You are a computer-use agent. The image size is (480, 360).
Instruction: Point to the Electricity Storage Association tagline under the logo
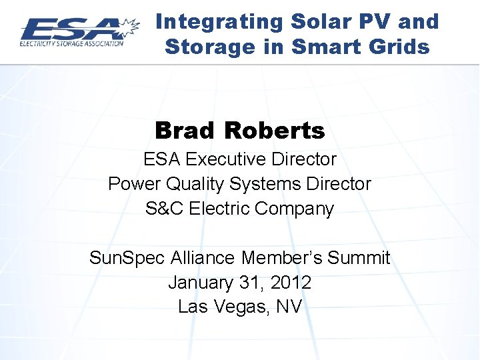tap(71, 44)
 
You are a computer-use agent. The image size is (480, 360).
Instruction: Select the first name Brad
tap(186, 131)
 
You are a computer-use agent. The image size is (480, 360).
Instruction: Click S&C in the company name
tap(165, 208)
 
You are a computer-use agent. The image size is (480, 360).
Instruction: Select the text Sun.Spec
tap(127, 258)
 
